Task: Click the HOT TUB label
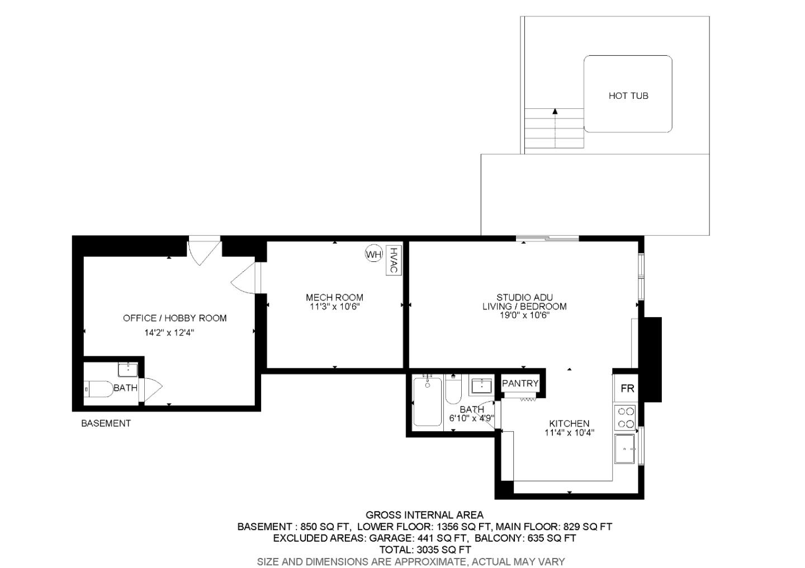[x=628, y=96]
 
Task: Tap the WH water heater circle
[x=373, y=254]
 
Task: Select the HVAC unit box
[x=394, y=260]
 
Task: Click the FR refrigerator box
[x=627, y=388]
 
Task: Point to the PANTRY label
[x=520, y=384]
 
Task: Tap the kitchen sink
[x=625, y=449]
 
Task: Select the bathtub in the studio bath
[x=428, y=402]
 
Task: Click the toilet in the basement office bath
[x=98, y=388]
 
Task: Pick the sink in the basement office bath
[x=128, y=369]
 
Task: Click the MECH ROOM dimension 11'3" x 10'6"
[x=334, y=307]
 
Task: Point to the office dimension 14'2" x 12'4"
[x=169, y=333]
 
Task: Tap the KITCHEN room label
[x=569, y=423]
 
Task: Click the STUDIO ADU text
[x=524, y=298]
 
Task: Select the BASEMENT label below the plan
[x=106, y=423]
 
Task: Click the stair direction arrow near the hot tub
[x=555, y=112]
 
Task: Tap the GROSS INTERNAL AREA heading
[x=424, y=515]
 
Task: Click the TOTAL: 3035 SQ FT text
[x=424, y=550]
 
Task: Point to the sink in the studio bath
[x=481, y=385]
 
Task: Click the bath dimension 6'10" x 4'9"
[x=471, y=418]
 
